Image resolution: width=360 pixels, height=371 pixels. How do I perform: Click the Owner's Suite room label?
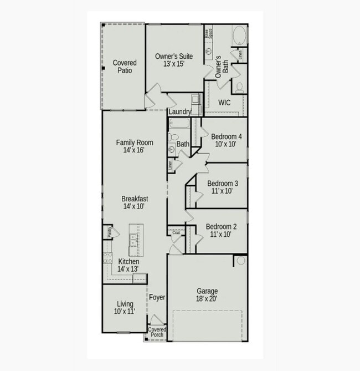click(x=173, y=57)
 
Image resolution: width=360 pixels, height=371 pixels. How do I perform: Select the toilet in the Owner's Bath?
click(x=239, y=87)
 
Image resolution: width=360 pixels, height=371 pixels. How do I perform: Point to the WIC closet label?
click(x=224, y=103)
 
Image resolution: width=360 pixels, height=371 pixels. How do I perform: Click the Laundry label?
click(x=180, y=112)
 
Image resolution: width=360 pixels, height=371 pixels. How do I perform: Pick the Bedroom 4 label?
click(x=226, y=136)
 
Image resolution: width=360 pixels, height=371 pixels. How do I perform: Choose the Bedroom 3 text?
click(x=223, y=184)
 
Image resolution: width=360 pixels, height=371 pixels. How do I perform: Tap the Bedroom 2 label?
click(x=222, y=227)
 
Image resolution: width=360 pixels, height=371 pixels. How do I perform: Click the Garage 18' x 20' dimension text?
click(x=207, y=299)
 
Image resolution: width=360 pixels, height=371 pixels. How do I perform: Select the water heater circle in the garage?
click(x=241, y=260)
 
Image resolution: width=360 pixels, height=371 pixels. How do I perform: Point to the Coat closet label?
click(x=176, y=233)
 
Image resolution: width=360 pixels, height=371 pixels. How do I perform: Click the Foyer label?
click(x=157, y=298)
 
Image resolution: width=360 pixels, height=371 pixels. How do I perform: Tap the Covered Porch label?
click(x=157, y=332)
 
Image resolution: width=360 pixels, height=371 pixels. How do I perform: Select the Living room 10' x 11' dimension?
click(x=125, y=312)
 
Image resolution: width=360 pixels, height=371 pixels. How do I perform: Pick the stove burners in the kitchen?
click(x=107, y=258)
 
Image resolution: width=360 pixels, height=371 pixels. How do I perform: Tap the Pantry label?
click(x=109, y=232)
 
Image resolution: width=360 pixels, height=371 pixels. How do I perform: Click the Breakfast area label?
click(x=135, y=199)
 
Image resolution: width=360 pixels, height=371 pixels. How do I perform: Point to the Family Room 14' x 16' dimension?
click(x=135, y=150)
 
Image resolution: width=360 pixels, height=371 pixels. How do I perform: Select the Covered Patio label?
click(x=125, y=67)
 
